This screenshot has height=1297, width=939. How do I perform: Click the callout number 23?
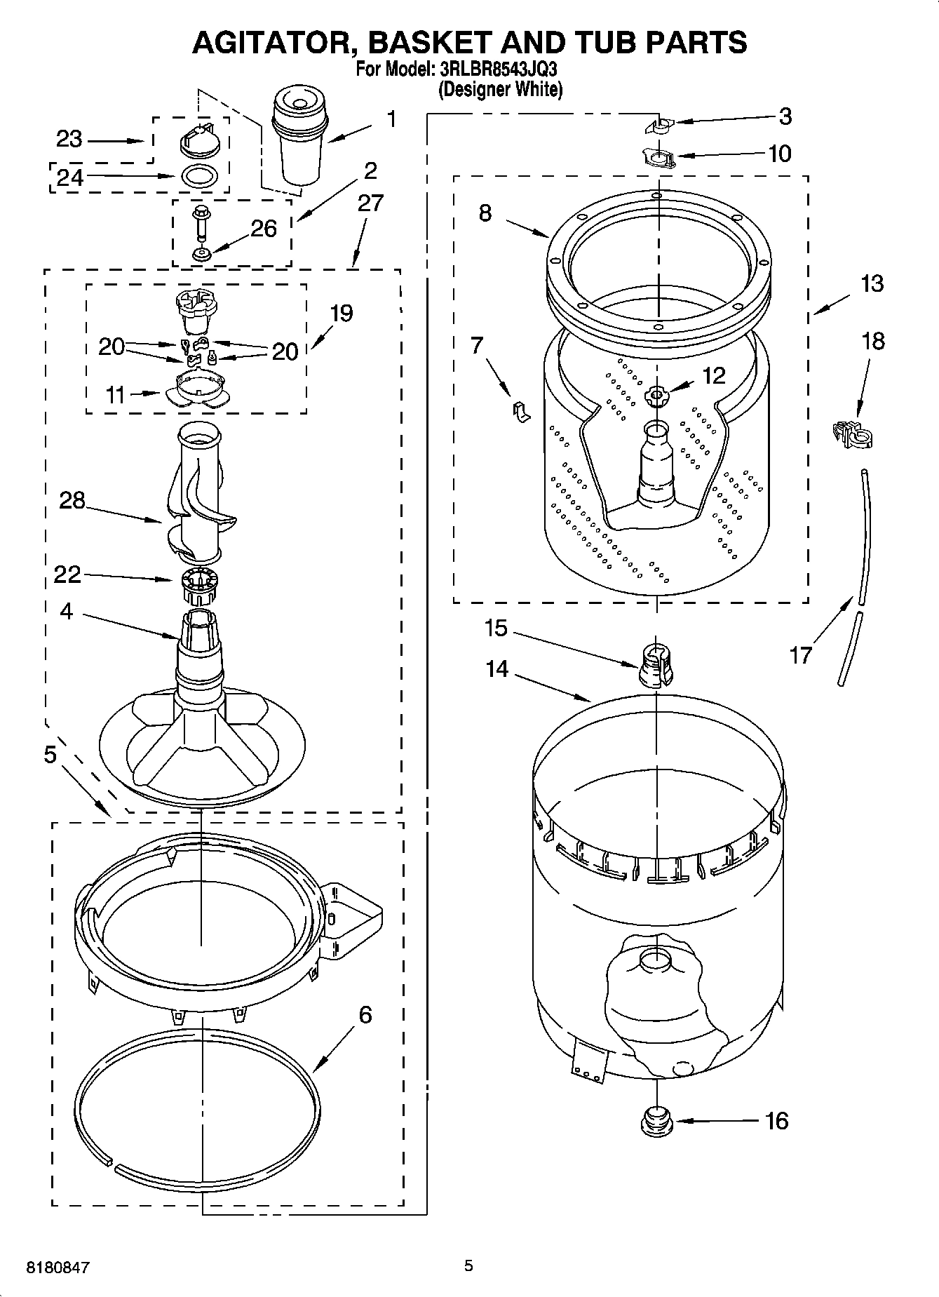coord(69,139)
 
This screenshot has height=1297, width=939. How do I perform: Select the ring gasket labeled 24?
coord(198,175)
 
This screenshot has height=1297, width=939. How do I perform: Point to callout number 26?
coord(263,229)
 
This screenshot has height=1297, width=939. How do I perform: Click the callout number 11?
coord(115,395)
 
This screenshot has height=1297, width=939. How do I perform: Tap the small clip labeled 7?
coord(520,411)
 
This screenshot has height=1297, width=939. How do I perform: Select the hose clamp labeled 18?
coord(851,434)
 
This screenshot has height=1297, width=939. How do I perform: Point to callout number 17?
coord(800,654)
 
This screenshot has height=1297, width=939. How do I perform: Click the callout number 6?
coord(364,1015)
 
